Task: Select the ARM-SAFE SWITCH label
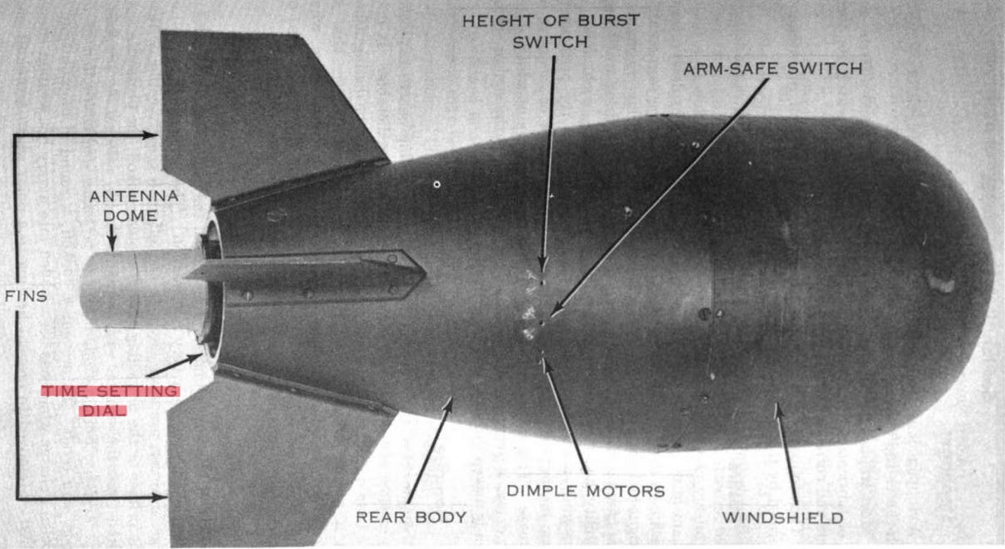pos(772,68)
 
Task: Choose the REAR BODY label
pos(411,517)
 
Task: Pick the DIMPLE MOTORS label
pos(585,491)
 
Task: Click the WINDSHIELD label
pos(781,517)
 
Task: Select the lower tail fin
pos(266,457)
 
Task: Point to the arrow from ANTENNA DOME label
pos(113,238)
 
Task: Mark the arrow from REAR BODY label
pos(431,449)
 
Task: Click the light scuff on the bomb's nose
pos(942,284)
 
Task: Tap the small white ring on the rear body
pos(436,184)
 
